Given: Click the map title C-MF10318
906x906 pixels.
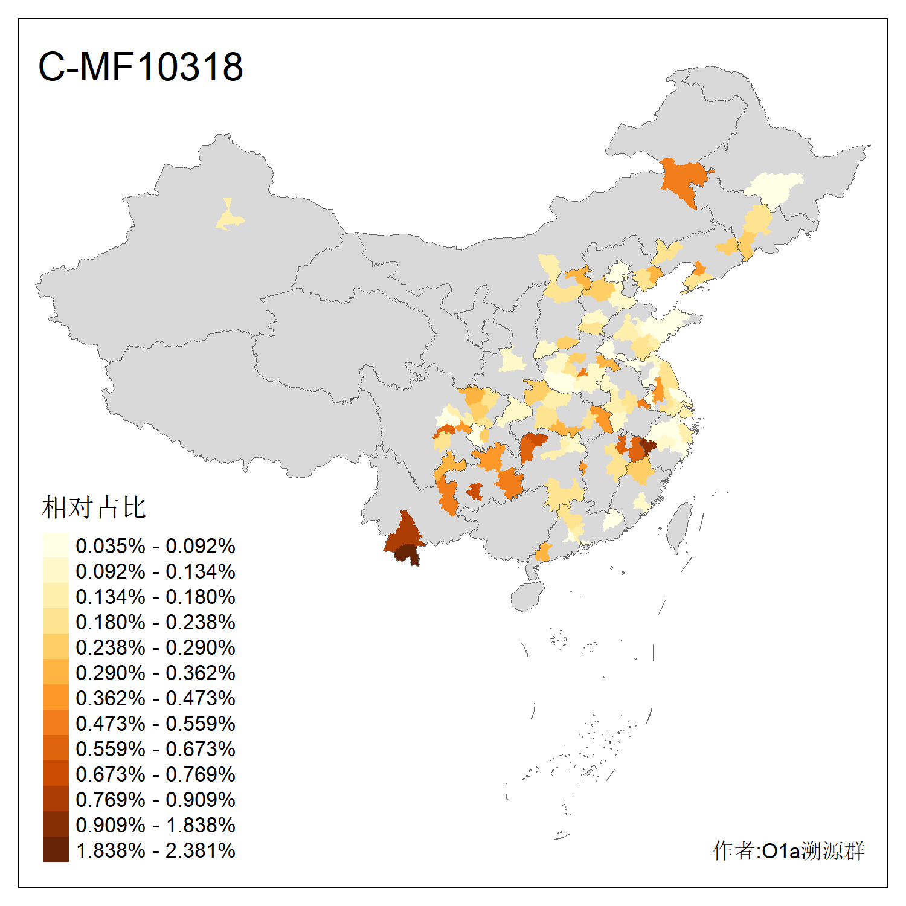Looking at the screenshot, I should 140,66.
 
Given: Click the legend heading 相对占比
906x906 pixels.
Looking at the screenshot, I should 94,507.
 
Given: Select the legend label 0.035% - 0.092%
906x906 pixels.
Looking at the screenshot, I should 155,546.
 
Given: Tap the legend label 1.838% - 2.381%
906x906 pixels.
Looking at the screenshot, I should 155,850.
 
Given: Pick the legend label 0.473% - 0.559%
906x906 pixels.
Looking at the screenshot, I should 155,724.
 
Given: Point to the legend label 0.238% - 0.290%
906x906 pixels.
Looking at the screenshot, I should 155,647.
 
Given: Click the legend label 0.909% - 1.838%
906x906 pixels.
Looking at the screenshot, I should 155,825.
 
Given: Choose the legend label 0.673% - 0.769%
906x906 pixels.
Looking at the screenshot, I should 155,774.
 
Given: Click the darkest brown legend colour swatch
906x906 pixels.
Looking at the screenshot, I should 56,850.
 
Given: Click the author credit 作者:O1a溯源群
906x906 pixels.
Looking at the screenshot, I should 788,850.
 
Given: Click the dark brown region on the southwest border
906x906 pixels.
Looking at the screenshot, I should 403,535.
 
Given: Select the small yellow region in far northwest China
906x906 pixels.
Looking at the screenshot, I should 228,217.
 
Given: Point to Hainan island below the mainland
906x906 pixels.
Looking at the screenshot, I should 527,597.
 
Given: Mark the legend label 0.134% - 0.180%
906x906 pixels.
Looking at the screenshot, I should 155,597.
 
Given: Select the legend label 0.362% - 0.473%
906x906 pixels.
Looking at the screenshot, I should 155,698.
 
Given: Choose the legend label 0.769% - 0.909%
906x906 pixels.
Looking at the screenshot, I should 155,800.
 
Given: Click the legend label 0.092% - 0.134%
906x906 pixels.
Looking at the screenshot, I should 155,571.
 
